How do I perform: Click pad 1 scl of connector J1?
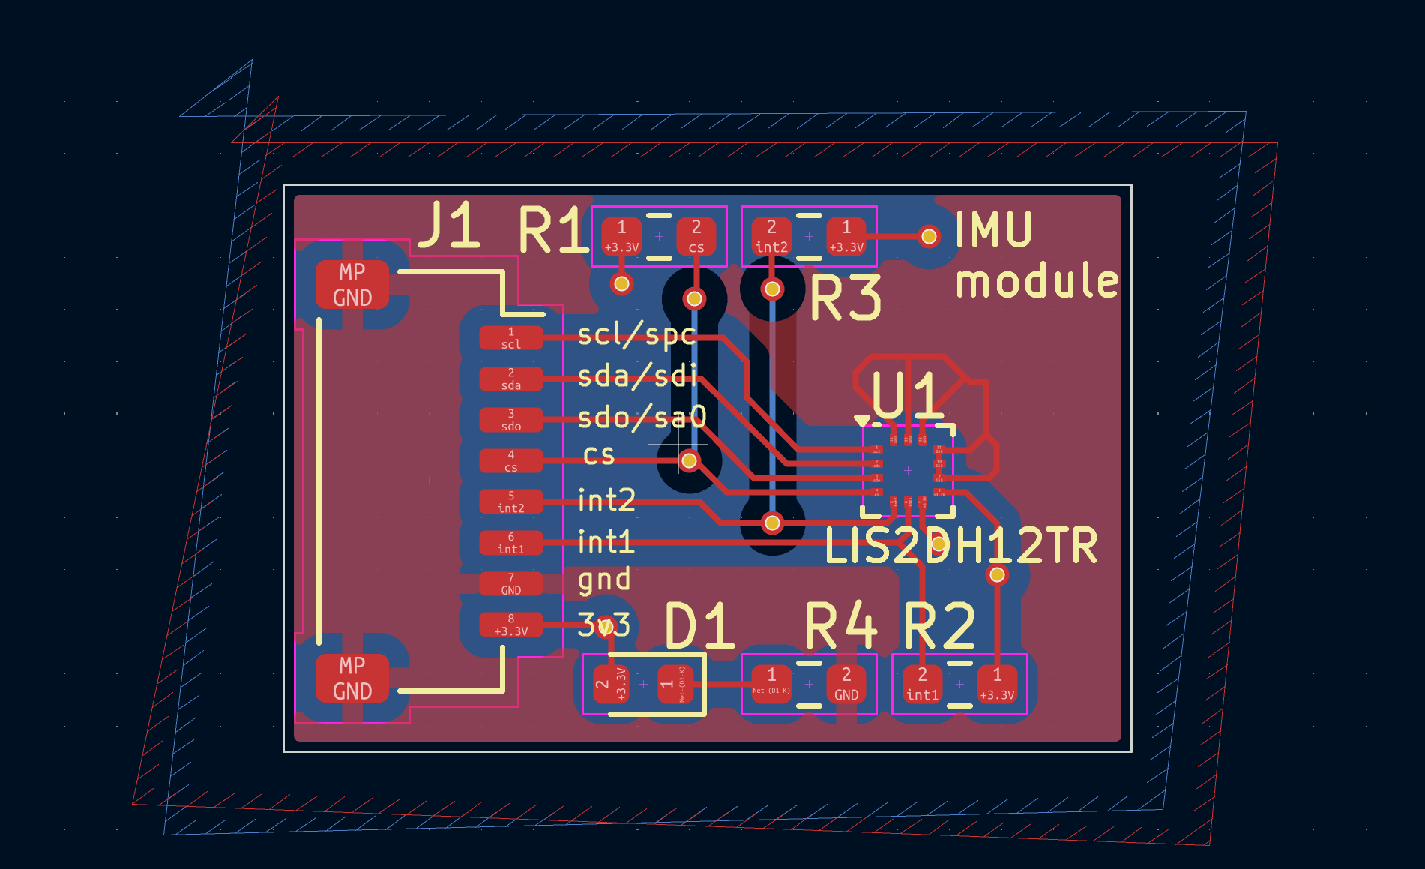(511, 337)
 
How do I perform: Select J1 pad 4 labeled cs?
(511, 460)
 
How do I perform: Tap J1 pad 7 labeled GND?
(511, 583)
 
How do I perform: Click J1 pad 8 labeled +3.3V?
(511, 625)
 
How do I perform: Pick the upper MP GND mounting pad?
(352, 285)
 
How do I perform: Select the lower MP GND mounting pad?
(352, 678)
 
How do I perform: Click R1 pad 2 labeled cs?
(696, 236)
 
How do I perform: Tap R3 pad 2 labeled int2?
(771, 236)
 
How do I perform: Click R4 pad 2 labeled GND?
(846, 684)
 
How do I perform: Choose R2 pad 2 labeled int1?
(922, 684)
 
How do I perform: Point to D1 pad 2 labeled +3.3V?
(610, 684)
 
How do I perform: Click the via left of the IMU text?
(929, 237)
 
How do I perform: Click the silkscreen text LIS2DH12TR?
(961, 546)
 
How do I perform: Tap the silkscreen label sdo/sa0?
(642, 417)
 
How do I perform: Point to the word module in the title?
(1037, 281)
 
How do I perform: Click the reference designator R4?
(840, 626)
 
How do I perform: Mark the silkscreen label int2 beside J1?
(606, 499)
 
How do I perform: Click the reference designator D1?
(699, 626)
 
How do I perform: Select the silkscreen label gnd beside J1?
(604, 580)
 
